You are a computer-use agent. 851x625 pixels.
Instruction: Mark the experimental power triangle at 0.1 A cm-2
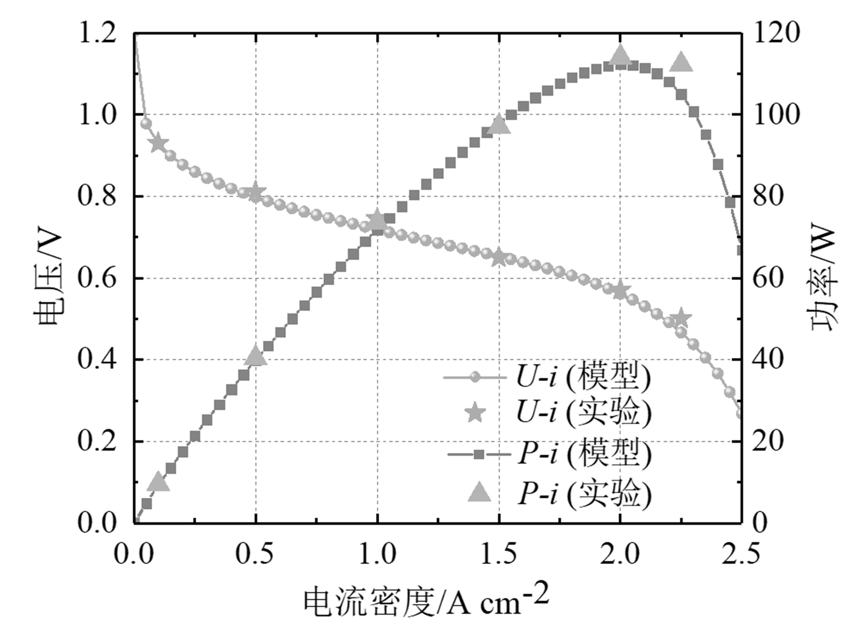pos(158,482)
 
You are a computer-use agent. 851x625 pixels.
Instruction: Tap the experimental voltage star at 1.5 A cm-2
pos(499,258)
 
